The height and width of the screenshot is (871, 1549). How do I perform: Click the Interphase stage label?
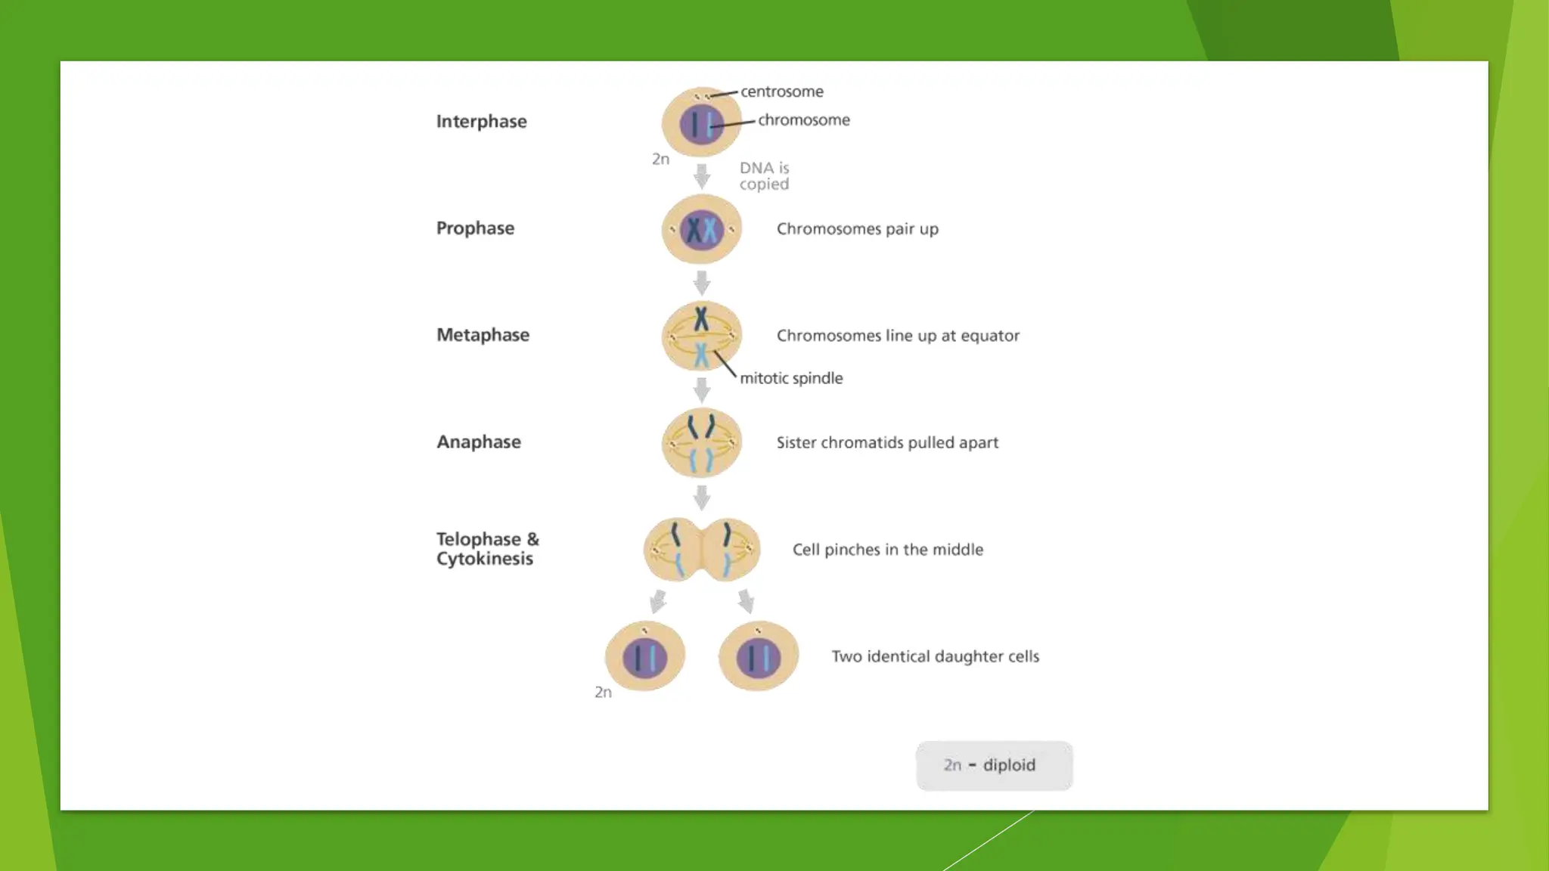481,122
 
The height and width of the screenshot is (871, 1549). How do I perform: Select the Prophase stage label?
475,228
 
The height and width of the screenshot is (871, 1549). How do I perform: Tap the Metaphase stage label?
483,335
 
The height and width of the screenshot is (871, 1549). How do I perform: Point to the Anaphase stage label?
479,442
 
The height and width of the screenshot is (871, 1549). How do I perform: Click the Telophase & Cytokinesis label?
487,549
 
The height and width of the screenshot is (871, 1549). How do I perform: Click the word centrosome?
781,91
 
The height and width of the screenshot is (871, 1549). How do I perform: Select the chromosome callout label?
803,120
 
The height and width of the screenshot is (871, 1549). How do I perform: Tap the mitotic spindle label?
791,378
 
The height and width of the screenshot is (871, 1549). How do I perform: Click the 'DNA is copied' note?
764,176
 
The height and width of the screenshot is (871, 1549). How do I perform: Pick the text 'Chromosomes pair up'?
857,229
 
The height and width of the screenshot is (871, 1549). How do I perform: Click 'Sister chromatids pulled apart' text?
887,442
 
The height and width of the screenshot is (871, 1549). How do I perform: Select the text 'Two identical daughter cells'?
935,656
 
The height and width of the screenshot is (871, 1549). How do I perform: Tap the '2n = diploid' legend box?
994,765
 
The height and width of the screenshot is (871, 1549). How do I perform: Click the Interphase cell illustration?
701,122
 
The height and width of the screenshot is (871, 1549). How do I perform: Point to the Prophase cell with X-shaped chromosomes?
701,229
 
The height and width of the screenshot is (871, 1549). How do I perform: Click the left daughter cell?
645,656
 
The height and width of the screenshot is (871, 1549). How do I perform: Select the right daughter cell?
759,656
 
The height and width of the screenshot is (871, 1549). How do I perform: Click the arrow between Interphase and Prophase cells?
702,176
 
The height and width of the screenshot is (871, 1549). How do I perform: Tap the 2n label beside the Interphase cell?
660,160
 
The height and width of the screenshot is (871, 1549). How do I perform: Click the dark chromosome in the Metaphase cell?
702,318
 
